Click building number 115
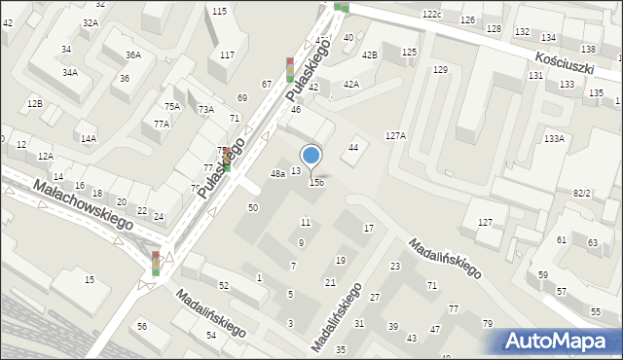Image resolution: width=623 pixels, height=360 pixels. click(219, 11)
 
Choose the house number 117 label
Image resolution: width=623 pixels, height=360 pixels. click(227, 54)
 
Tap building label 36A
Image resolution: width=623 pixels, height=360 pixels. click(132, 55)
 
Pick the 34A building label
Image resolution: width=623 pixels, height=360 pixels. click(70, 72)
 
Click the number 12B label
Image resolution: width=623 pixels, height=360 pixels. click(35, 103)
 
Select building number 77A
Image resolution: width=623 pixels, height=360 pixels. click(162, 124)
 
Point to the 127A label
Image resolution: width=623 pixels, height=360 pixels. click(395, 136)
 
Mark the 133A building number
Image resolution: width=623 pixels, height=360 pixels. click(554, 139)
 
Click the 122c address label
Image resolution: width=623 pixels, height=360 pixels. click(432, 15)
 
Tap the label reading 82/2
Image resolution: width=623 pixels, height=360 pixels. click(582, 193)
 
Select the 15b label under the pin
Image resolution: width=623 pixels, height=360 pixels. click(316, 182)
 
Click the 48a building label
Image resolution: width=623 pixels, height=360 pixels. click(277, 173)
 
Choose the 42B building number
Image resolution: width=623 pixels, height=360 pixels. click(370, 55)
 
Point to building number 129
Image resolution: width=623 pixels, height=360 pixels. click(440, 69)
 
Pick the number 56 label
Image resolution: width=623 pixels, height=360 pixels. click(142, 326)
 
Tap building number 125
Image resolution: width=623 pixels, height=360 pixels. click(409, 52)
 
